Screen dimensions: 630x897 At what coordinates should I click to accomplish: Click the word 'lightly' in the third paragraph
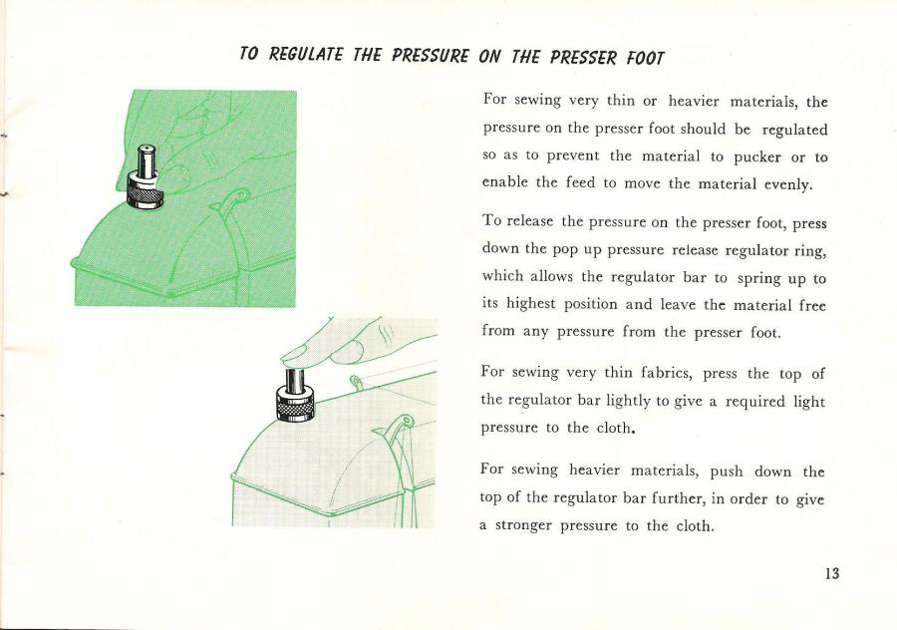click(650, 399)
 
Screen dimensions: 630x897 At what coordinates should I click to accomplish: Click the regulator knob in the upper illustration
click(147, 170)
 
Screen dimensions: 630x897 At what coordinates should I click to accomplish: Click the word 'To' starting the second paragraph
click(493, 221)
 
